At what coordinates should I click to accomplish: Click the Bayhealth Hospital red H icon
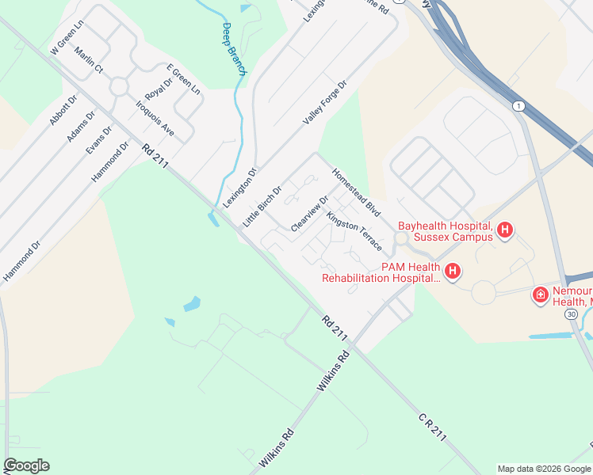coord(504,231)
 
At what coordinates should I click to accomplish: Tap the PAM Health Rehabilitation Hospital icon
coord(452,272)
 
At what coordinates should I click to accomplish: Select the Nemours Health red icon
coord(541,294)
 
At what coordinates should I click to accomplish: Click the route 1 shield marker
coord(518,106)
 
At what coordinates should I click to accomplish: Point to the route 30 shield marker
coord(572,314)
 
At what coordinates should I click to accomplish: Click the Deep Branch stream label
coord(235,49)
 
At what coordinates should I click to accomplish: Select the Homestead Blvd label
coord(356,192)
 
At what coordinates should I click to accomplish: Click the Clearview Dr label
coord(309,214)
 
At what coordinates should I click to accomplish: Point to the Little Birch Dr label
coord(262,207)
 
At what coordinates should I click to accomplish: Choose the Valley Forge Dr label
coord(325,102)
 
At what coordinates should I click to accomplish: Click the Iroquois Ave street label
coord(155,116)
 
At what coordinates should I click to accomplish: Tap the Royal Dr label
coord(158,82)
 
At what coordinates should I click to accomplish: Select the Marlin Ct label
coord(89,59)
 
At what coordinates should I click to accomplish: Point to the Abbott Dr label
coord(63,110)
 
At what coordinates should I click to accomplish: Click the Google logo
coord(26,465)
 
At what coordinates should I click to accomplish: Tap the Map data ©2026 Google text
coord(544,469)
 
